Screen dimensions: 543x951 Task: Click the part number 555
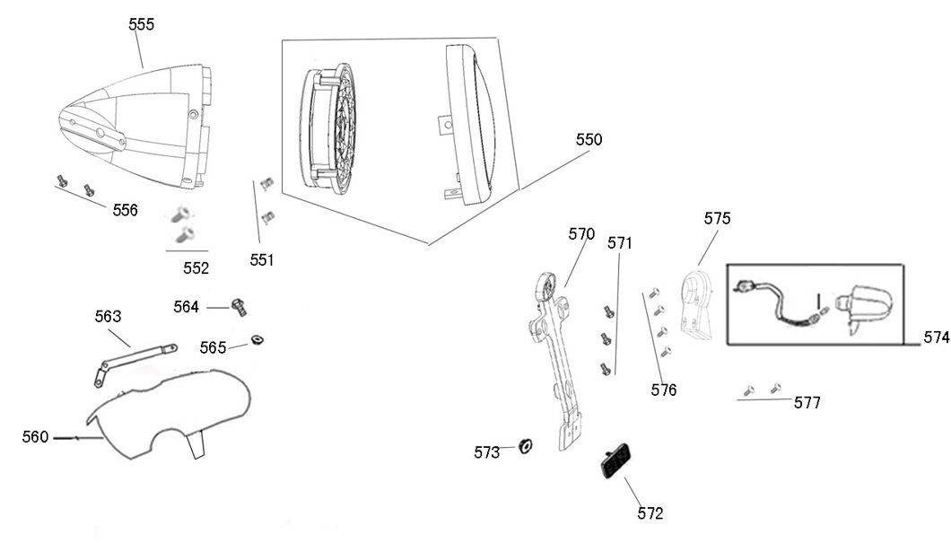coord(142,24)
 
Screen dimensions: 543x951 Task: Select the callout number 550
coord(589,140)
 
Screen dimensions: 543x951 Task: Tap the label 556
coord(126,210)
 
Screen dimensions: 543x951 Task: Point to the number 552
coord(196,267)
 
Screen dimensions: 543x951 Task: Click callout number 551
coord(262,260)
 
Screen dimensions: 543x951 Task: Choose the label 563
coord(108,316)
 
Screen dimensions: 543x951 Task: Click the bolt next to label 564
coord(239,306)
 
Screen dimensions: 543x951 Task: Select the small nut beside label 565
coord(257,338)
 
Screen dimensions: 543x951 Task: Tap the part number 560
coord(35,437)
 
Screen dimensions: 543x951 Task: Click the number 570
coord(581,233)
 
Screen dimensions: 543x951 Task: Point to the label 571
coord(620,242)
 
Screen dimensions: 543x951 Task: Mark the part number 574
coord(936,337)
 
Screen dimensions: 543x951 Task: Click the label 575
coord(717,218)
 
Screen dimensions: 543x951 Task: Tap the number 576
coord(665,390)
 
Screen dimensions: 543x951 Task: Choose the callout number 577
coord(807,403)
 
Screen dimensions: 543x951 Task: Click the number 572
coord(650,513)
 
